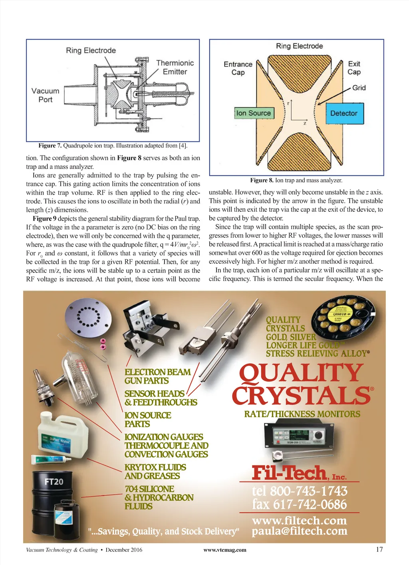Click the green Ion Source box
tap(254, 113)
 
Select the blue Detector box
tap(343, 113)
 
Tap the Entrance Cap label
tap(238, 68)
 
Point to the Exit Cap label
tap(354, 68)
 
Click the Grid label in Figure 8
tap(359, 88)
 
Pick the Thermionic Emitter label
tap(175, 67)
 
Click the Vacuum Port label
tap(45, 95)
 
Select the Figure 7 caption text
tap(113, 145)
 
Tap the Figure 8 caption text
tap(296, 180)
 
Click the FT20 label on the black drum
tap(54, 481)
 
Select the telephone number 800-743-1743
tap(300, 491)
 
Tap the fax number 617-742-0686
tap(299, 504)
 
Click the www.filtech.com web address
tap(299, 520)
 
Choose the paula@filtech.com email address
tap(299, 531)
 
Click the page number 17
tap(379, 549)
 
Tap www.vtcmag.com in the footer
tap(225, 550)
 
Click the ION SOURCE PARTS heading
tap(148, 420)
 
